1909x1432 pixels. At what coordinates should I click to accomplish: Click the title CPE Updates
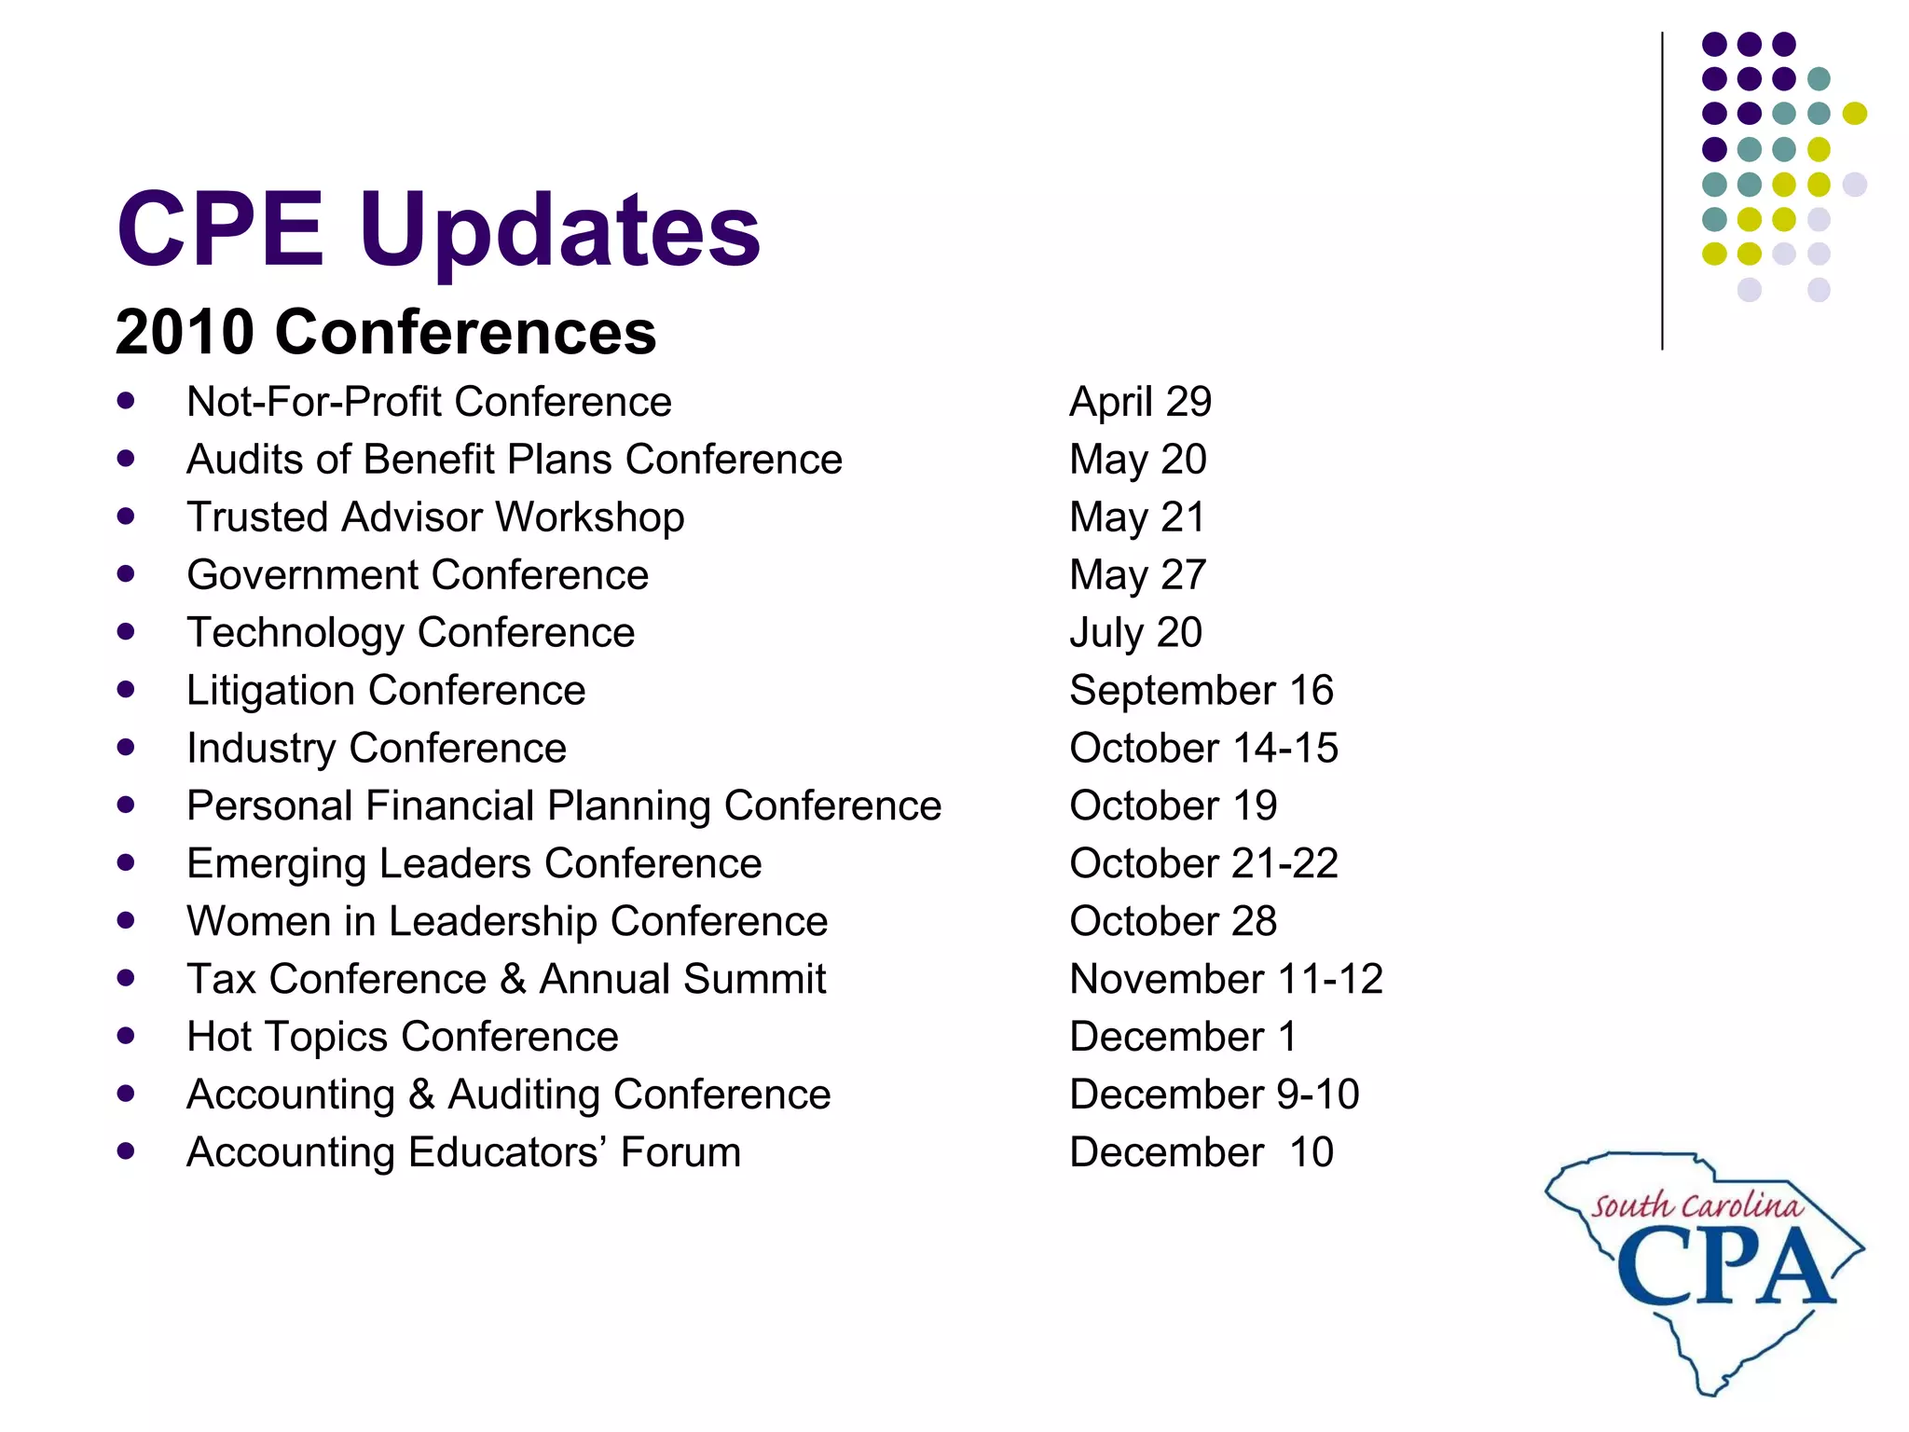click(438, 228)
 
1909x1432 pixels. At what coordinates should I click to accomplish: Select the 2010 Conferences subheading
click(385, 332)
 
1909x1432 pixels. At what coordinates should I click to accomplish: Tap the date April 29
click(1139, 402)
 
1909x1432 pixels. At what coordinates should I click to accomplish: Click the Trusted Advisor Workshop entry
click(434, 517)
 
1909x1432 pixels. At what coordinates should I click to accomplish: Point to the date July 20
click(1134, 633)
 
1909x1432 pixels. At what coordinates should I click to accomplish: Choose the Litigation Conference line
click(385, 691)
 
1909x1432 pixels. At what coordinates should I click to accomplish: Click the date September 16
click(1201, 691)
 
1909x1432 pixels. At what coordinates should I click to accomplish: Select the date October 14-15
click(1202, 749)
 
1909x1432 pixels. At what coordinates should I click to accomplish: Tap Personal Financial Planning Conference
click(563, 806)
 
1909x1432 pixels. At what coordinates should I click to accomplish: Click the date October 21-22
click(1202, 864)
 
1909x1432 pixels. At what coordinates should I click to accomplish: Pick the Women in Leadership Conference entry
click(506, 922)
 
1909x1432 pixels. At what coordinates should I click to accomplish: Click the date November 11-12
click(1225, 980)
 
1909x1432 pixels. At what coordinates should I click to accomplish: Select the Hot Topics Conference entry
click(402, 1038)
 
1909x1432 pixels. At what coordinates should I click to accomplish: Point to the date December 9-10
click(1214, 1095)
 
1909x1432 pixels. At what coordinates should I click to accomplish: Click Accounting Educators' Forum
click(463, 1153)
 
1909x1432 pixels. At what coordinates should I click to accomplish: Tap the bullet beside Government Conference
click(126, 574)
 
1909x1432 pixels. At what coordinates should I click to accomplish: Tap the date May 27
click(1137, 575)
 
